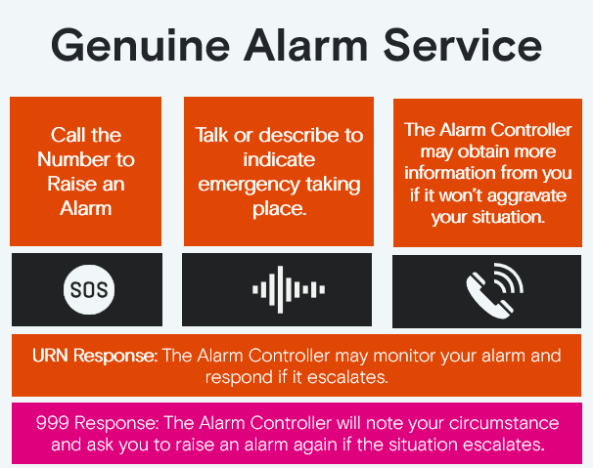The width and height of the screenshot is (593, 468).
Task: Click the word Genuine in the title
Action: click(x=140, y=46)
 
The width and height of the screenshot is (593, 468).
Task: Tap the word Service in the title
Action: click(x=463, y=45)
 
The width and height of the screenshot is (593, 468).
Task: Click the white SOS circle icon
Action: click(x=89, y=290)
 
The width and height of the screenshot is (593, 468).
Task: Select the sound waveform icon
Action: click(x=289, y=290)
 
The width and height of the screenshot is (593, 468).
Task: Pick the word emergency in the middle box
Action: click(x=249, y=186)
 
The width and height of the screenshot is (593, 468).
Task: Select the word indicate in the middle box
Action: click(x=279, y=159)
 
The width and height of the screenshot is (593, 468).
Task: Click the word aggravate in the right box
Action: click(x=526, y=196)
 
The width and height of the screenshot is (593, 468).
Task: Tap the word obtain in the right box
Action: click(x=479, y=151)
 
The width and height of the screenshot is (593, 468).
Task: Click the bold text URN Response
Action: click(x=95, y=356)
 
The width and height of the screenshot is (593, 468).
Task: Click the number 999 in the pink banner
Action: click(x=52, y=423)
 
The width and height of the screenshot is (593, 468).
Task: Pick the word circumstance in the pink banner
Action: click(x=504, y=423)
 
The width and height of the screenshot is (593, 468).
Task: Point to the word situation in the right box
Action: click(x=508, y=217)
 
